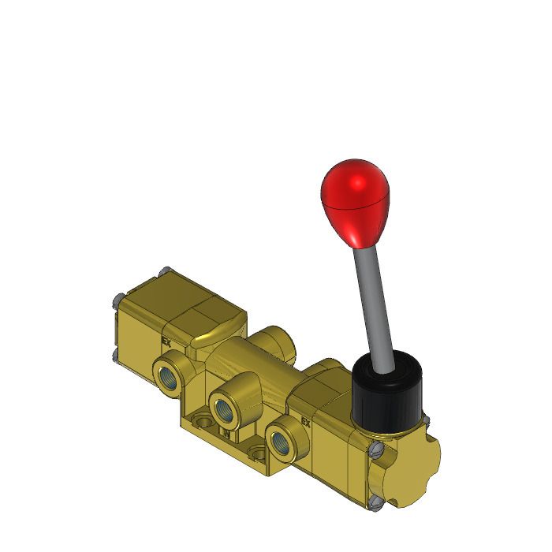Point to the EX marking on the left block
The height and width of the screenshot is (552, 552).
166,341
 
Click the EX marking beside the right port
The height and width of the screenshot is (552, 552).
306,422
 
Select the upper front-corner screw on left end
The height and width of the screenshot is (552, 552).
117,298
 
